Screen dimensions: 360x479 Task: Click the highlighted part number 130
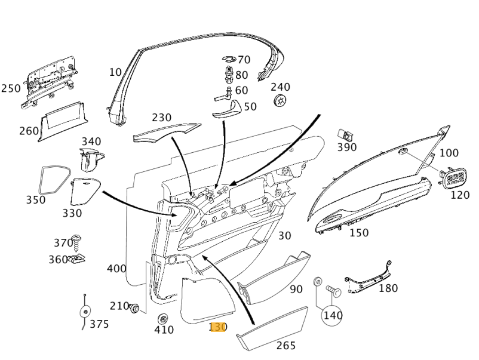(x=218, y=327)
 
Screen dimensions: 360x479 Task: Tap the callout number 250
(x=11, y=88)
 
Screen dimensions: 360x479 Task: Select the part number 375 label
(x=100, y=324)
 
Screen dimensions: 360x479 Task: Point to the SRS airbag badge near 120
(x=455, y=177)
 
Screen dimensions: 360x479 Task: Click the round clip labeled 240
(x=280, y=101)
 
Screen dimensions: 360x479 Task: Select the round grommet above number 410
(x=162, y=318)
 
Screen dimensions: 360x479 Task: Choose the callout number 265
(x=285, y=346)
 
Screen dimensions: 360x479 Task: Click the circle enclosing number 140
(x=332, y=315)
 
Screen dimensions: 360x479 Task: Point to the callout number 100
(x=449, y=153)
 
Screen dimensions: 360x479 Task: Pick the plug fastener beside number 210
(x=136, y=308)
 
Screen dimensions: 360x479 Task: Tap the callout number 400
(x=116, y=269)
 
